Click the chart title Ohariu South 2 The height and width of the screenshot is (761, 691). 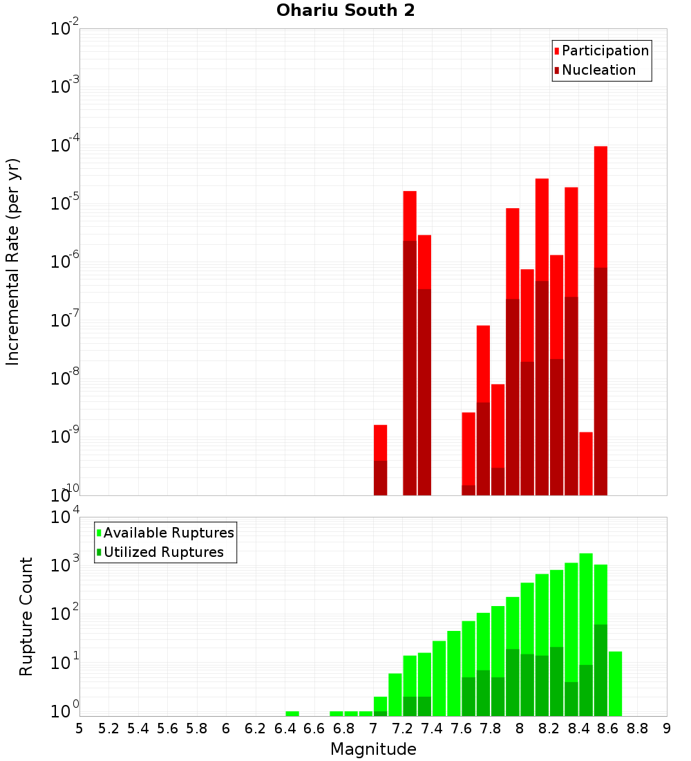point(345,11)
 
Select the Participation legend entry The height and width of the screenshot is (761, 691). point(601,51)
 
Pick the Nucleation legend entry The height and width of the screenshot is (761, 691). point(594,70)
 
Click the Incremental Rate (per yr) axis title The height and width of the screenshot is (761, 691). point(13,262)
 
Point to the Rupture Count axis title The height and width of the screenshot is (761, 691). point(26,616)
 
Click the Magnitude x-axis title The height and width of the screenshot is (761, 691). point(373,749)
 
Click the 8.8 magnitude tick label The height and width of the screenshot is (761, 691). point(637,728)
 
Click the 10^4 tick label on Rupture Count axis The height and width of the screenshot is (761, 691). point(65,517)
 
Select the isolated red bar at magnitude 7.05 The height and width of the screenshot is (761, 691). point(380,443)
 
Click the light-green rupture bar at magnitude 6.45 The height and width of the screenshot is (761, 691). point(292,713)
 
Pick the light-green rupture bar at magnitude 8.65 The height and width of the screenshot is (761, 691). point(615,684)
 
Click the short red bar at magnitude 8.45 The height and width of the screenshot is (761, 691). point(586,464)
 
